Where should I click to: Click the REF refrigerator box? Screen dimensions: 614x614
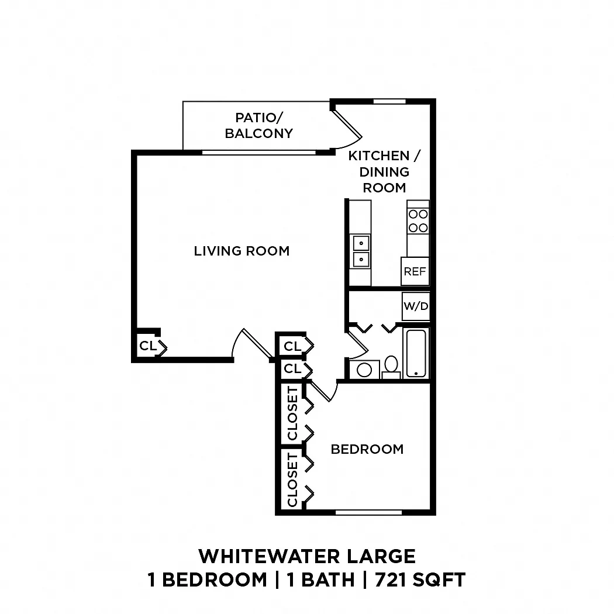coord(415,271)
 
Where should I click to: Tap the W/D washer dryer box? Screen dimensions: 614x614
coord(416,306)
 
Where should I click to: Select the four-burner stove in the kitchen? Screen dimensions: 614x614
coord(418,221)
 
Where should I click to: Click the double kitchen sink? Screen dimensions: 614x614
coord(361,251)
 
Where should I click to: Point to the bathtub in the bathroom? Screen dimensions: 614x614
coord(416,353)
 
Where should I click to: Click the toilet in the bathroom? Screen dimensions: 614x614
coord(391,367)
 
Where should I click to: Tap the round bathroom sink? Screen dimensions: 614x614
coord(364,370)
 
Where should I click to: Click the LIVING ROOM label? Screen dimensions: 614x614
coord(242,251)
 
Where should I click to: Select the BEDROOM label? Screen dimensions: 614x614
coord(367,449)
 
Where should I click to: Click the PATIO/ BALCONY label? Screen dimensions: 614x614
coord(259,125)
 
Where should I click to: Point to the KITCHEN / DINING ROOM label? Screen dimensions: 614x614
coord(384,171)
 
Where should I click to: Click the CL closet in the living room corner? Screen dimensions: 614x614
coord(148,346)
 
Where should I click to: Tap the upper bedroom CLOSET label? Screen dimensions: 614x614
coord(292,413)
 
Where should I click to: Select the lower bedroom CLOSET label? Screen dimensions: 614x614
coord(292,480)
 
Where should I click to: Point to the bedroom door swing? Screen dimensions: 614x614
coord(323,392)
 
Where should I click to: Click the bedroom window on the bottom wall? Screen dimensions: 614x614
coord(368,512)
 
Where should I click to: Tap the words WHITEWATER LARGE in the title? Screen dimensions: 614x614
coord(307,556)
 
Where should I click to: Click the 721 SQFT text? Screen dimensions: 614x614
coord(420,580)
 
